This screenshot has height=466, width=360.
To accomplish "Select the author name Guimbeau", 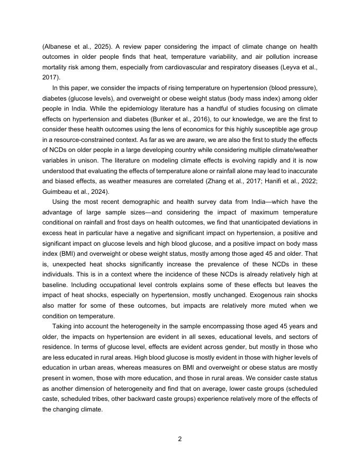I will pos(58,192).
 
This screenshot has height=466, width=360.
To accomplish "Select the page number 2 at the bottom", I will pos(180,439).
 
